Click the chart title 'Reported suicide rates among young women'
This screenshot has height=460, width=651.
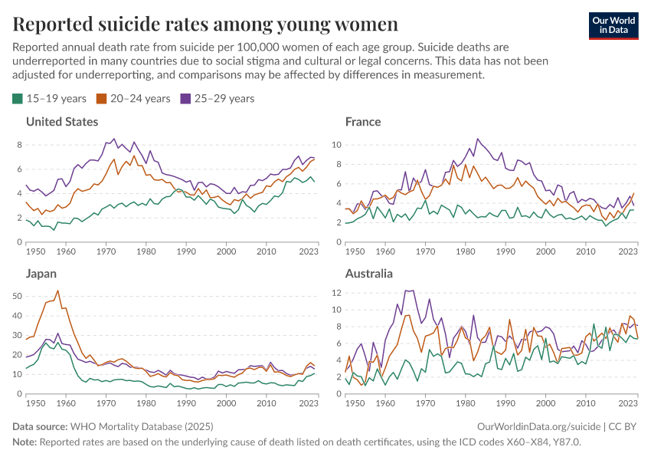(205, 24)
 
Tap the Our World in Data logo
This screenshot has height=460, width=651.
(613, 25)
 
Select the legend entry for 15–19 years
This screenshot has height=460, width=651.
(50, 99)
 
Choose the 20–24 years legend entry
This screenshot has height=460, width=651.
(133, 99)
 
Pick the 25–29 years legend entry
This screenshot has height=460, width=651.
(217, 99)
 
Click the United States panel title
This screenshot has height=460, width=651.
(62, 122)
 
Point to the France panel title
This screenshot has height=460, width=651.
(363, 122)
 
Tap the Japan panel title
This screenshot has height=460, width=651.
(42, 274)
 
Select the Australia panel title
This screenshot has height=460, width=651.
(369, 274)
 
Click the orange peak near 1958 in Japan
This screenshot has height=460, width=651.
(58, 291)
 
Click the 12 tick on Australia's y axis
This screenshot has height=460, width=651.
(335, 292)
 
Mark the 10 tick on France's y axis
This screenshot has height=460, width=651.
(335, 144)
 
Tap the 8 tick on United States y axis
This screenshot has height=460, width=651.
(19, 144)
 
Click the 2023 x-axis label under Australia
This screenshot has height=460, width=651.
(627, 402)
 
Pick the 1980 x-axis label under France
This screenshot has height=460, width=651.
(465, 251)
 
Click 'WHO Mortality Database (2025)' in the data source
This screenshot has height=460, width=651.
(142, 426)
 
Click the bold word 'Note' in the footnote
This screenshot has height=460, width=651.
(24, 442)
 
